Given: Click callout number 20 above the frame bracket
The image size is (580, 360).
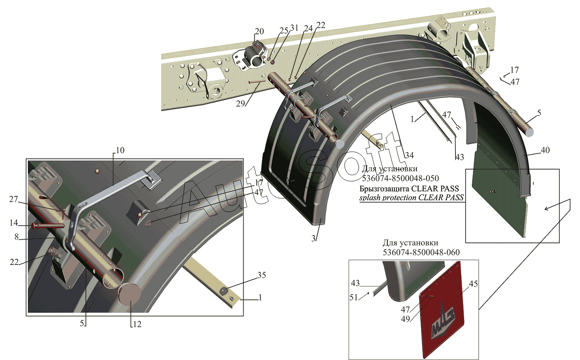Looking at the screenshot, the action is (259, 31).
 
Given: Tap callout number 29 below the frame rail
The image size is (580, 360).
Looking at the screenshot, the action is (240, 104).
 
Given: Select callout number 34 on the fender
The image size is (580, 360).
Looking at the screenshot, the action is (409, 155).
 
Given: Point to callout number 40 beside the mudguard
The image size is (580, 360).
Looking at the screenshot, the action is (545, 150).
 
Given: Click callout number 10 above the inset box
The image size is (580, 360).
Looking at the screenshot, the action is (120, 150).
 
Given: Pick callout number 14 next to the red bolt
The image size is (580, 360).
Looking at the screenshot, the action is (14, 223).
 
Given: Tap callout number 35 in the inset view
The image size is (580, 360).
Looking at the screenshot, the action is (261, 275).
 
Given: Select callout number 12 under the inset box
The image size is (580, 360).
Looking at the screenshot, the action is (137, 324).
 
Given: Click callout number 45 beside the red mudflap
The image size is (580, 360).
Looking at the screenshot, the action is (473, 284).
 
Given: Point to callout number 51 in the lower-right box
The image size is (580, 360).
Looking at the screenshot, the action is (354, 297).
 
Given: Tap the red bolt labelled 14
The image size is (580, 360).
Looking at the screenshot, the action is (48, 226).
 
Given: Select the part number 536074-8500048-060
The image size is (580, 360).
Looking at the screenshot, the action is (421, 252).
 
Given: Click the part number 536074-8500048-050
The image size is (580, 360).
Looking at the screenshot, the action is (400, 178).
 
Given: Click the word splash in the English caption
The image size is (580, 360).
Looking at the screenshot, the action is (370, 198).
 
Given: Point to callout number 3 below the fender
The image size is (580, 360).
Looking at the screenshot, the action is (313, 238).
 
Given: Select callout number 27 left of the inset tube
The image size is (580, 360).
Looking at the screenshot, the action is (14, 199).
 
